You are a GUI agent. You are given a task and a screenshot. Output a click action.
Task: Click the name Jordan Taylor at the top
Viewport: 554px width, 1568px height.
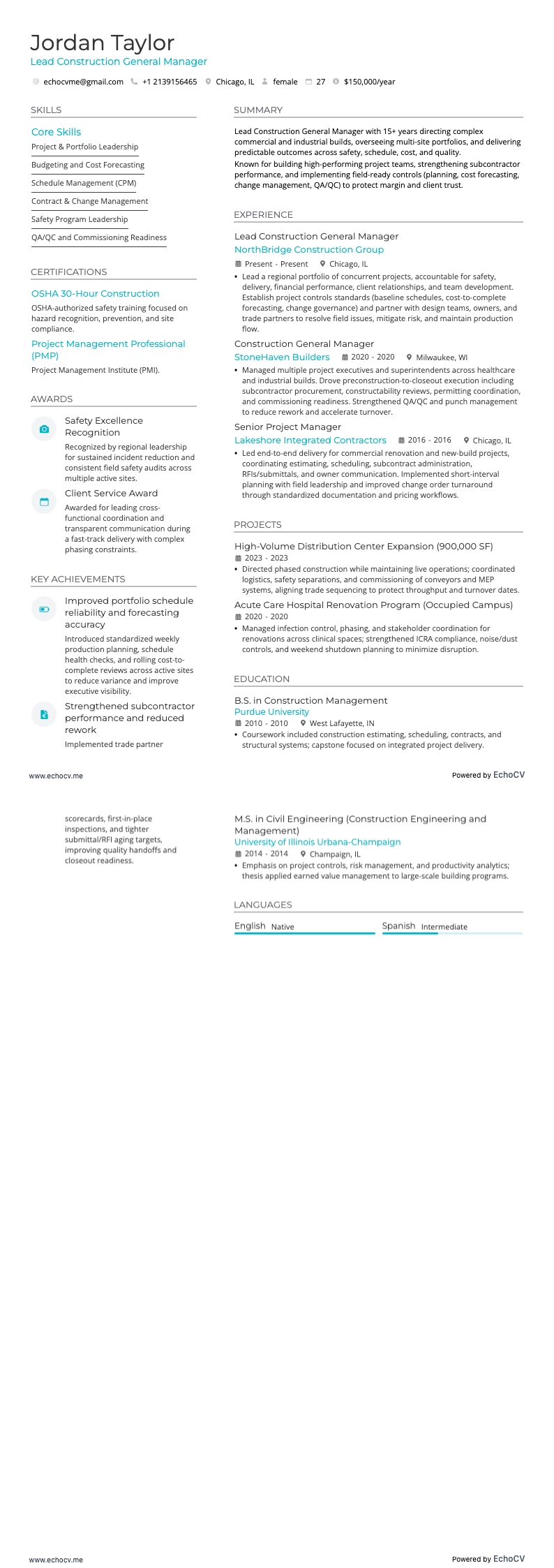click(x=102, y=43)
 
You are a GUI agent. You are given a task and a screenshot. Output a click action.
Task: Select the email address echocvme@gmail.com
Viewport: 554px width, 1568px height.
click(x=83, y=82)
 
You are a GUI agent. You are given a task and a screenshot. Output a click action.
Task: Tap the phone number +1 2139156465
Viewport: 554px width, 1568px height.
click(x=169, y=82)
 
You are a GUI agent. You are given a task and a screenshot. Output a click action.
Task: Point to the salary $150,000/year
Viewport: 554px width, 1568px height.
click(x=369, y=82)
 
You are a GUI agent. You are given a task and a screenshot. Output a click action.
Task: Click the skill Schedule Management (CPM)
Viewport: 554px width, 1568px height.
click(x=84, y=183)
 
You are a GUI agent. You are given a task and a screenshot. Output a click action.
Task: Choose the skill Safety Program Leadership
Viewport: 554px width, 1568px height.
click(x=80, y=219)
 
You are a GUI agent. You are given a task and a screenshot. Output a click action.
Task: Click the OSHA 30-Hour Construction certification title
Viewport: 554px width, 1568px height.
click(x=95, y=294)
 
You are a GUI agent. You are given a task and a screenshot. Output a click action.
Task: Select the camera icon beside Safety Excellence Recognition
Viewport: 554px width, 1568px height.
click(x=44, y=429)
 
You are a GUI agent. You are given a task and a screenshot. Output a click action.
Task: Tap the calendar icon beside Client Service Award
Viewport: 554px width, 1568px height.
click(x=44, y=501)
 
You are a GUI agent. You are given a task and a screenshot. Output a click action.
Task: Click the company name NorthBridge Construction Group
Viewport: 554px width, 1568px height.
click(x=308, y=250)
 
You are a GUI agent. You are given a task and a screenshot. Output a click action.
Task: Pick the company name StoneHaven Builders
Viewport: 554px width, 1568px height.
click(x=282, y=357)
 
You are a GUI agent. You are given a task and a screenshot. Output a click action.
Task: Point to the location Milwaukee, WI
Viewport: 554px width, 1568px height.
click(x=442, y=357)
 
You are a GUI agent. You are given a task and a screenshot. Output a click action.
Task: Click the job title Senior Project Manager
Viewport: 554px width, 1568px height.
click(x=287, y=427)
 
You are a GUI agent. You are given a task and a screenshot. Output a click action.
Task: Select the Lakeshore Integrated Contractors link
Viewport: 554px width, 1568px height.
click(x=310, y=441)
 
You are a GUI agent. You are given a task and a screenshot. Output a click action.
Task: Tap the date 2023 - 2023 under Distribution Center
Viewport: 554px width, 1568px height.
click(x=266, y=558)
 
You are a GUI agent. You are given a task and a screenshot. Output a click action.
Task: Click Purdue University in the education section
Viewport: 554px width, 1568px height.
click(x=271, y=712)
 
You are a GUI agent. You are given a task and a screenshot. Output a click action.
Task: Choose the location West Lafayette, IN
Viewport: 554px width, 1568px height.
click(x=342, y=723)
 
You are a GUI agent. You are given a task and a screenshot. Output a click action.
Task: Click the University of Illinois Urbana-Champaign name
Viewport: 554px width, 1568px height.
click(x=317, y=842)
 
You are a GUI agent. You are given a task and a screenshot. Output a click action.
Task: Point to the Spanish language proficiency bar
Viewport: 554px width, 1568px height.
click(x=451, y=933)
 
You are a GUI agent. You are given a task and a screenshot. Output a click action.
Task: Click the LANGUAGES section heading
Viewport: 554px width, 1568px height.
click(x=262, y=905)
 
